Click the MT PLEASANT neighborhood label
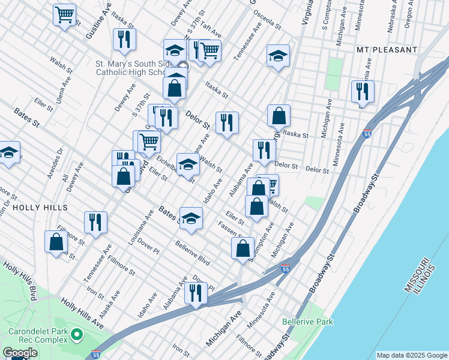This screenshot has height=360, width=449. (386, 49)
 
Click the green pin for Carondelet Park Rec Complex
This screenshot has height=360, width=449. (76, 334)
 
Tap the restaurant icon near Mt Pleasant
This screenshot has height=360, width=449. (363, 91)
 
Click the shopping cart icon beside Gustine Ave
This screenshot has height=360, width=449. (64, 14)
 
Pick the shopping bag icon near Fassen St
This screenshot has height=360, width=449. (243, 248)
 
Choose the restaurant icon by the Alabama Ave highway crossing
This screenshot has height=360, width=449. (196, 293)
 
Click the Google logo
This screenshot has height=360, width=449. (20, 352)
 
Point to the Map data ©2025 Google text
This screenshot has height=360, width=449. (412, 355)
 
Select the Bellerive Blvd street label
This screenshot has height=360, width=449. (192, 253)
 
